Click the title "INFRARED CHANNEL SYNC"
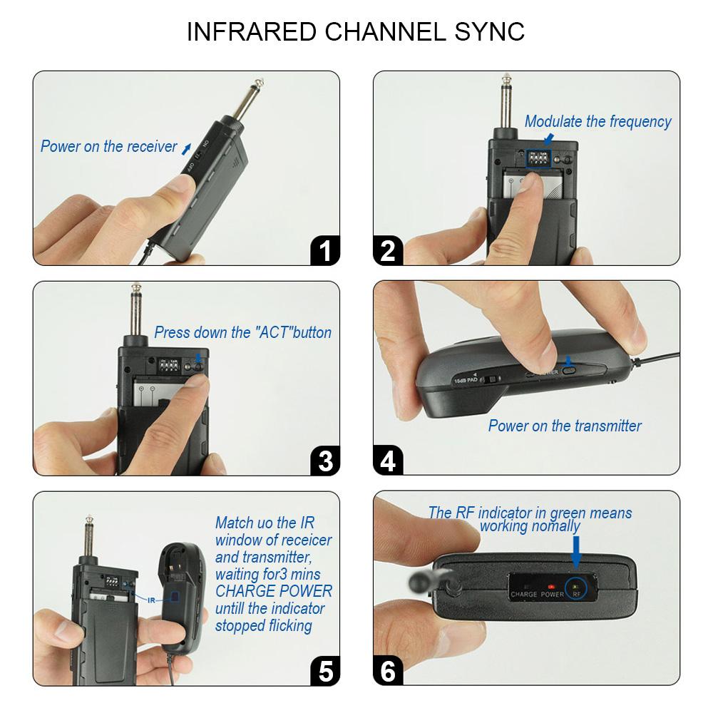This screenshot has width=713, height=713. (x=355, y=31)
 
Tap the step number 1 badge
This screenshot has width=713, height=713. (x=325, y=251)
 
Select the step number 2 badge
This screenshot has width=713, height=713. (x=388, y=251)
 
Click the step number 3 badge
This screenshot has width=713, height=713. (x=325, y=461)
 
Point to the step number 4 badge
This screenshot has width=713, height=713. (x=388, y=461)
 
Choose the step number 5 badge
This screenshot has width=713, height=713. (x=325, y=671)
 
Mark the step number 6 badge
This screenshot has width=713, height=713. (x=388, y=671)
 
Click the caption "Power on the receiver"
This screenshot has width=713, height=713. (x=108, y=147)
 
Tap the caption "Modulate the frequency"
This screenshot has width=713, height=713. (x=597, y=122)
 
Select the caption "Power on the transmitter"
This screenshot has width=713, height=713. (x=565, y=426)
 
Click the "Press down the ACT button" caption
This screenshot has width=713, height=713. (x=242, y=332)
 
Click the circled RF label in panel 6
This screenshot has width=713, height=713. (x=575, y=590)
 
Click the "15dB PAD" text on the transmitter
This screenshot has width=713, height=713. (x=466, y=382)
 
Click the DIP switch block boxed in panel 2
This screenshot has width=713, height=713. (x=540, y=158)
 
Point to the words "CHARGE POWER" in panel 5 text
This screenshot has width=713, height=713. (x=274, y=591)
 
